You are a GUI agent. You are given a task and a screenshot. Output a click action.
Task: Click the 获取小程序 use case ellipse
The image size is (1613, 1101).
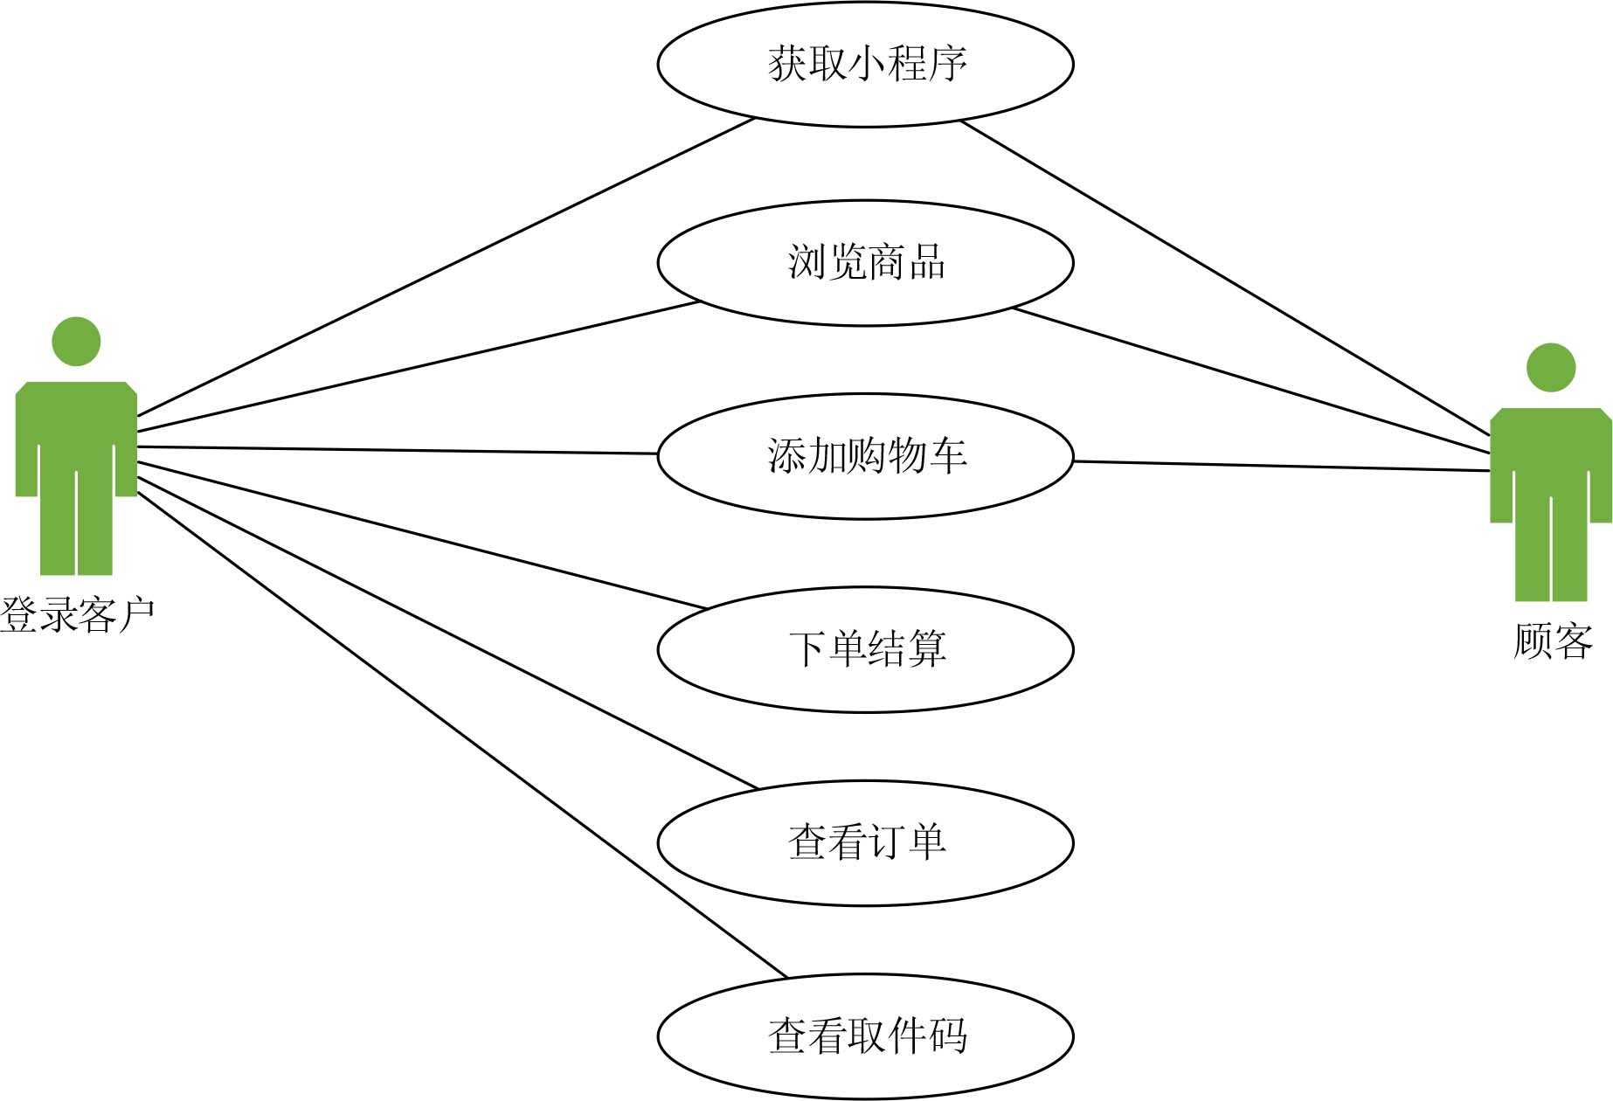pos(865,64)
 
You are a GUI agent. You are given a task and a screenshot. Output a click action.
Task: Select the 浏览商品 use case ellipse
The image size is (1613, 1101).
pos(865,262)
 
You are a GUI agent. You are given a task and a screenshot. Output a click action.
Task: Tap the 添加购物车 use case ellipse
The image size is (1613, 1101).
pos(865,455)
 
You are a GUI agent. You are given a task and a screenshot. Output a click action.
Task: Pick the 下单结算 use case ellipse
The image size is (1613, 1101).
pos(865,649)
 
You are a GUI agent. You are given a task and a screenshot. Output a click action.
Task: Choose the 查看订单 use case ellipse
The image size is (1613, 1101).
pos(865,842)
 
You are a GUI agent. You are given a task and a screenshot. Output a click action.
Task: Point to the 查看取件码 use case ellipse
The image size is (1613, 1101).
pos(865,1036)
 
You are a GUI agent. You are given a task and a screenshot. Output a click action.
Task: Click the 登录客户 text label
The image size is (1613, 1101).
pos(77,615)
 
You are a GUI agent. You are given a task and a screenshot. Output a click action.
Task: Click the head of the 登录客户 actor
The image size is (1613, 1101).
pos(76,342)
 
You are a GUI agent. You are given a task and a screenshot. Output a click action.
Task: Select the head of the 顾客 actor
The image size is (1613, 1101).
pos(1551,368)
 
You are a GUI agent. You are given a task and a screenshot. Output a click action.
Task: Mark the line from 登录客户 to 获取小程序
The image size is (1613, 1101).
pos(446,267)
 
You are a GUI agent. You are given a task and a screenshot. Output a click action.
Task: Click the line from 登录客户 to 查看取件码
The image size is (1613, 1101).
pos(463,735)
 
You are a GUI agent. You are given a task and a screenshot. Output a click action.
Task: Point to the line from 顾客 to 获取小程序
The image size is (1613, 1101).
pos(1223,277)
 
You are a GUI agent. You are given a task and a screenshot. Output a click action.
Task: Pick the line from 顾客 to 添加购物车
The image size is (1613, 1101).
pos(1280,466)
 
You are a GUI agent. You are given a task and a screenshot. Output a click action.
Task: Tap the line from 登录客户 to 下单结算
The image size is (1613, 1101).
pos(419,535)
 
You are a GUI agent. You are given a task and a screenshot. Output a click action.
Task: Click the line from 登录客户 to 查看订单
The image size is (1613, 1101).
pos(446,633)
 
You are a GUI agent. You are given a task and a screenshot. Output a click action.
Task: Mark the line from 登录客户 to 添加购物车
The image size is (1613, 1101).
pos(398,450)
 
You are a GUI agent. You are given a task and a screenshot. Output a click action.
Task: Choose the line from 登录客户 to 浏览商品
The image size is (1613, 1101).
pos(419,367)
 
